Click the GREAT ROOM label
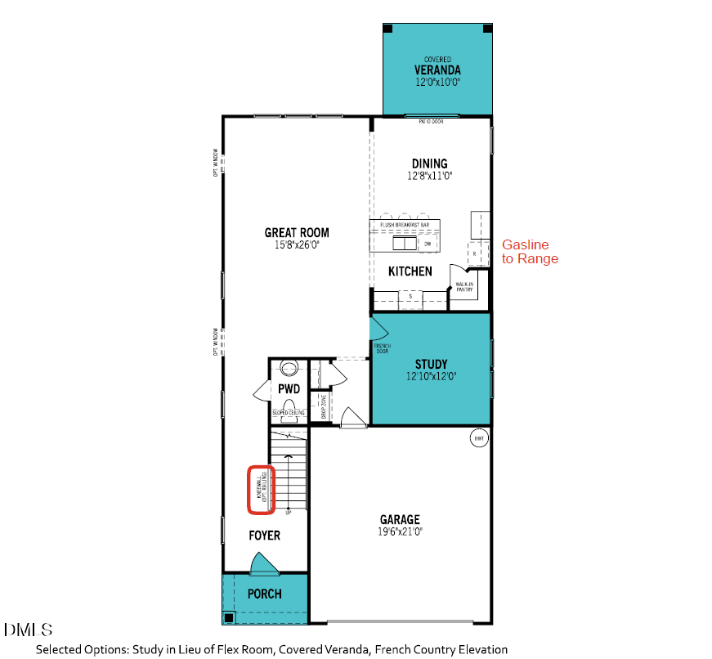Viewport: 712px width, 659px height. tap(297, 232)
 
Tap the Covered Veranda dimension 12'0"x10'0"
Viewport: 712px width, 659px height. tap(437, 82)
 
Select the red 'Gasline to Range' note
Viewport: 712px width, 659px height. tap(530, 251)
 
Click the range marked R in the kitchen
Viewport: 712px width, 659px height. tap(474, 253)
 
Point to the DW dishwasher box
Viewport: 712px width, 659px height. tap(428, 244)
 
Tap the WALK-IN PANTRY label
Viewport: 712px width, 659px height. tap(466, 287)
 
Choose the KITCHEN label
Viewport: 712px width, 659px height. tap(410, 271)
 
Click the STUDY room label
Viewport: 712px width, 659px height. tap(431, 364)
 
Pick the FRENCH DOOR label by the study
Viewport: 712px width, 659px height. tap(383, 348)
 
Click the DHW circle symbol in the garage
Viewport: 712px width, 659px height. tap(479, 439)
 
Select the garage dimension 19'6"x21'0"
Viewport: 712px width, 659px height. tap(400, 531)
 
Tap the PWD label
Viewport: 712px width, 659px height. tap(289, 389)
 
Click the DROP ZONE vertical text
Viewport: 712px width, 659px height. tap(324, 406)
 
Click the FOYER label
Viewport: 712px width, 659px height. tap(264, 536)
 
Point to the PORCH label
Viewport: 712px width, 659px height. tap(264, 594)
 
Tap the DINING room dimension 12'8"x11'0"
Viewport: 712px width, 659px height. tap(429, 176)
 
